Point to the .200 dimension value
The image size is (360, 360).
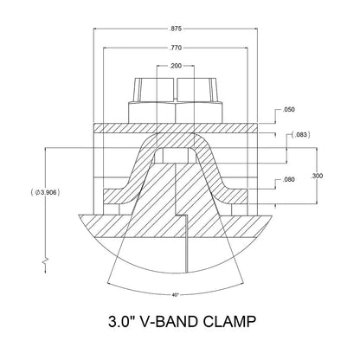click(177, 66)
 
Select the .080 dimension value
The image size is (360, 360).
click(289, 182)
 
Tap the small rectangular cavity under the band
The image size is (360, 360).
click(177, 155)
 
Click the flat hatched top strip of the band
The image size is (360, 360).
click(112, 128)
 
